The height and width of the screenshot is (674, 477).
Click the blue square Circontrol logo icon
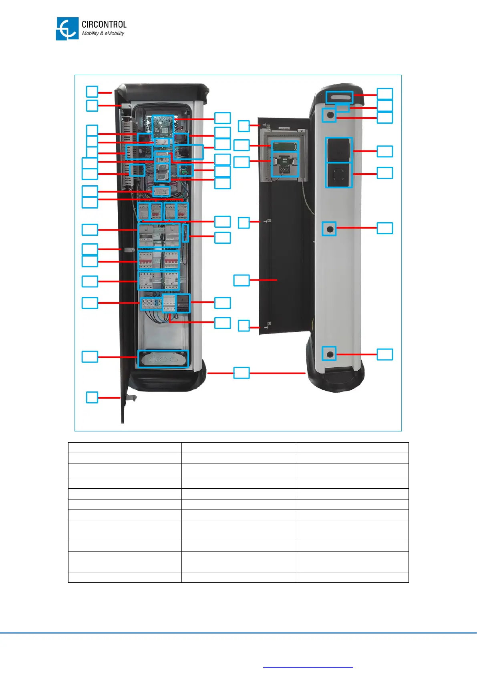67,28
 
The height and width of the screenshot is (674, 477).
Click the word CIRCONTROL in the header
104,24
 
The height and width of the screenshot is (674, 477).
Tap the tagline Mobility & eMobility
103,34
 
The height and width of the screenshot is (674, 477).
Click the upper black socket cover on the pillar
339,150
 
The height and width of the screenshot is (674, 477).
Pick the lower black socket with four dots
339,175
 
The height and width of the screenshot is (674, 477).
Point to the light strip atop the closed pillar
339,96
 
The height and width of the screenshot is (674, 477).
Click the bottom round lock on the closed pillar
330,354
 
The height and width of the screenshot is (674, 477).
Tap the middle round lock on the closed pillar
330,229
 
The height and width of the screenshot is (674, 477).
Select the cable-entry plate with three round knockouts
163,359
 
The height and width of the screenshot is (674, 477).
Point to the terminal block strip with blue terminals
151,304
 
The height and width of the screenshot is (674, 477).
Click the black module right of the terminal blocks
183,303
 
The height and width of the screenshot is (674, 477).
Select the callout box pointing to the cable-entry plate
90,357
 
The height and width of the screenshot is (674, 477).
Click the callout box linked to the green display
242,145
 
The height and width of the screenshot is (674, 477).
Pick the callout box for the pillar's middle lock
385,228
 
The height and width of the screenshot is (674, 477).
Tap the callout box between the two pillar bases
242,373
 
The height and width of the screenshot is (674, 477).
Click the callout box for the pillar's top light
385,94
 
